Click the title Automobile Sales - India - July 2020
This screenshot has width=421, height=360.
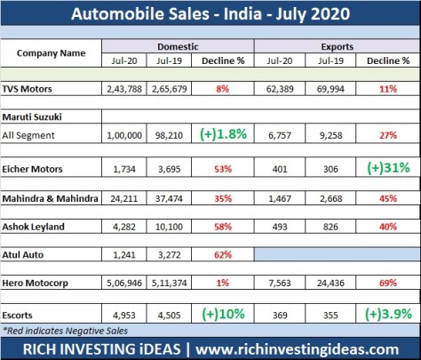[210, 14]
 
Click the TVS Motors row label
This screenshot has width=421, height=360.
[41, 89]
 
